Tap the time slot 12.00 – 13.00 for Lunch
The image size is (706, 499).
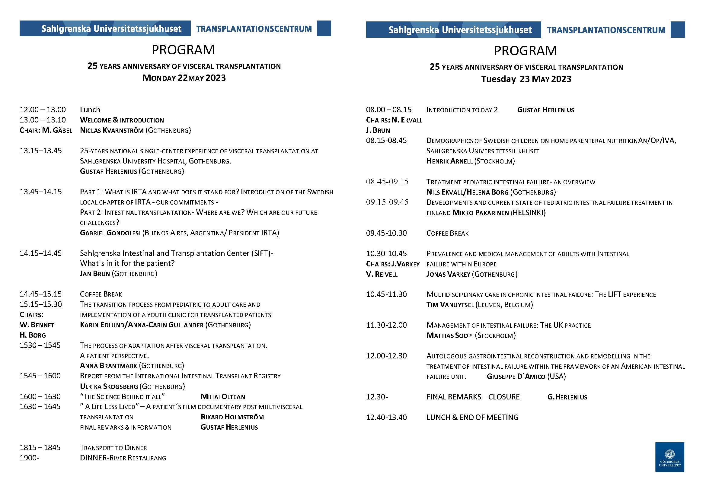[43, 110]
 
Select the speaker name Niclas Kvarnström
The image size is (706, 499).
[112, 130]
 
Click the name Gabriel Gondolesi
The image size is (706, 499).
[110, 233]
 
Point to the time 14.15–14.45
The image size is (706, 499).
[40, 253]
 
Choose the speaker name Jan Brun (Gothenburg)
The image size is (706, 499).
[118, 274]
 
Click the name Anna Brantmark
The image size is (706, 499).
[108, 366]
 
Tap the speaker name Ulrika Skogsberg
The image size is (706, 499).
[109, 386]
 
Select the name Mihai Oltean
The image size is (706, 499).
[223, 397]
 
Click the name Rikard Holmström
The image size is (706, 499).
[232, 417]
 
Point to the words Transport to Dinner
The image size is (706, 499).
[113, 448]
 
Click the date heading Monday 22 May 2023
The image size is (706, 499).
[184, 78]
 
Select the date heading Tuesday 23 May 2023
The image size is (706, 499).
[526, 79]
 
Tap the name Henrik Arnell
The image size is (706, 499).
[449, 161]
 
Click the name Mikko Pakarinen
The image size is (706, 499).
[481, 213]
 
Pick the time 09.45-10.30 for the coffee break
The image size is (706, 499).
[386, 233]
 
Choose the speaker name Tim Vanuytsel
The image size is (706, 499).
[450, 305]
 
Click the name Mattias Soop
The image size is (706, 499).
[449, 335]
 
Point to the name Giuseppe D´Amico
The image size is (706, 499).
[516, 377]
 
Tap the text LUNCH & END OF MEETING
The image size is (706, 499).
[472, 417]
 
